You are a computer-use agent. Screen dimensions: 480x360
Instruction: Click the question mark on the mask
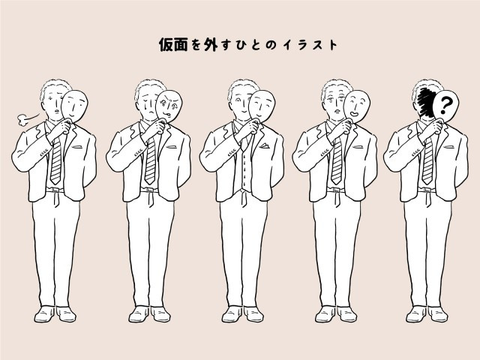coord(445,104)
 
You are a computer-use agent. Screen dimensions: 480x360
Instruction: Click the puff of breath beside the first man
coord(22,120)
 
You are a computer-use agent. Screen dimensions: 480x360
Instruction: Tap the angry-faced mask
coord(169,106)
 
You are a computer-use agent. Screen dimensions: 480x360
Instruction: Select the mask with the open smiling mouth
coord(356,106)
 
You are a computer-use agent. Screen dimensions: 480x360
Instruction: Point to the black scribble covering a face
coord(426,103)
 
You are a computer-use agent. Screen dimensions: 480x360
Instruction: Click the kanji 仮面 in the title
coord(173,45)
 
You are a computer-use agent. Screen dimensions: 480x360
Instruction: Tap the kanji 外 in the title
coord(211,45)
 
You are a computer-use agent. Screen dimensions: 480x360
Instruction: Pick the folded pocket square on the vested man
coord(265,145)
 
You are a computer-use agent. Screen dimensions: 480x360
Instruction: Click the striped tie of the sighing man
coord(56,161)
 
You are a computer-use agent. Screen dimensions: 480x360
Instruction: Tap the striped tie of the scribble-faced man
coord(427,161)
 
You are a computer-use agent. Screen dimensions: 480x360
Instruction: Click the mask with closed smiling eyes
coord(262,106)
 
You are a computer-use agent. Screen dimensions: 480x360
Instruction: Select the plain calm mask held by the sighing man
coord(74,106)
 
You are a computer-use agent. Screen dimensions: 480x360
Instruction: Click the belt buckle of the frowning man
coord(150,190)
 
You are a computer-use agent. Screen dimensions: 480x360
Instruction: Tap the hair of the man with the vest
coord(244,87)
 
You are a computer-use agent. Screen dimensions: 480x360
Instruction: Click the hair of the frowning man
coord(150,87)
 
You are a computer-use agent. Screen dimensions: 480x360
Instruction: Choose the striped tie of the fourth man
coord(337,161)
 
